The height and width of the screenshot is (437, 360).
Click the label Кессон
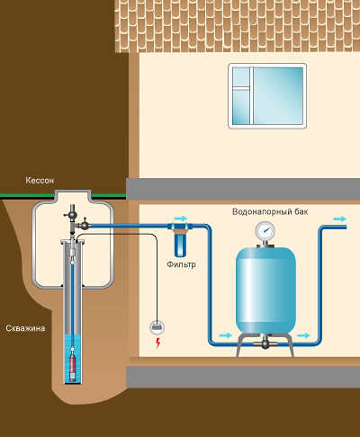[x=40, y=181]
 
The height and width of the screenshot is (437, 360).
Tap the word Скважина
[x=25, y=328]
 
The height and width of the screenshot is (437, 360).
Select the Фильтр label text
[x=181, y=264]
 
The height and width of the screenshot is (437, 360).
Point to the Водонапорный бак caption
[x=270, y=212]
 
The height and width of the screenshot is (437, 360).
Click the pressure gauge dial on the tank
[x=265, y=231]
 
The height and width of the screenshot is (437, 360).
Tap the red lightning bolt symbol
[x=157, y=343]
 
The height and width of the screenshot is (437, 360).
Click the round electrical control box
[x=157, y=327]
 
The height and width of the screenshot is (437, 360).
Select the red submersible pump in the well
[x=73, y=363]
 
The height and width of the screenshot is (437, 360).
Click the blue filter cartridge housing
[x=180, y=245]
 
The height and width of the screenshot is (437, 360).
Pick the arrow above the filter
[x=181, y=218]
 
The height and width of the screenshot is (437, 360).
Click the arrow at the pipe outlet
[x=340, y=219]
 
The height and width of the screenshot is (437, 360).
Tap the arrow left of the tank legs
[x=226, y=335]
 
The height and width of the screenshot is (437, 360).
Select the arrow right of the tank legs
[x=303, y=335]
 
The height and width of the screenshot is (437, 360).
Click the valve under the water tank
[x=265, y=343]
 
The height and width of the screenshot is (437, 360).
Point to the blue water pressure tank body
[x=265, y=290]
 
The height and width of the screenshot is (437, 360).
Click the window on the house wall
[x=267, y=96]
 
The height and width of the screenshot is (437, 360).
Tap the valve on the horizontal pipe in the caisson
[x=85, y=224]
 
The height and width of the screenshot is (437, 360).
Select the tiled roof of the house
[x=238, y=26]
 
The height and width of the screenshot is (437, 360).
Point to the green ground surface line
[x=63, y=196]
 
